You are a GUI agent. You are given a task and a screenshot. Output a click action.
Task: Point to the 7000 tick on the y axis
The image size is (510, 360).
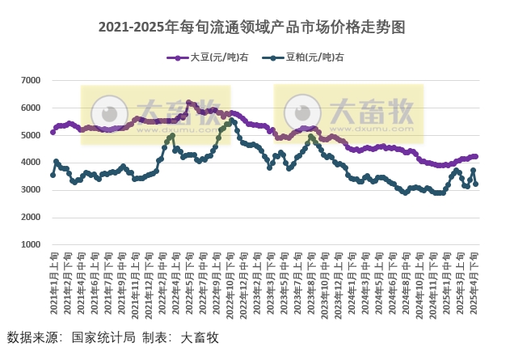[31, 81]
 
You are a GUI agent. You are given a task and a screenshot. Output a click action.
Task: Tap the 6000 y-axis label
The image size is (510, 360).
[31, 108]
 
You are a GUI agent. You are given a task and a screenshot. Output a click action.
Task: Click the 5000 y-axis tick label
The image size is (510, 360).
[31, 136]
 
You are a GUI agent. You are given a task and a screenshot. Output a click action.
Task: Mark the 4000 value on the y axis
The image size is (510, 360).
[31, 163]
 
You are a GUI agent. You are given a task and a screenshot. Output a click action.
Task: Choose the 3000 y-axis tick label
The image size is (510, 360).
[31, 190]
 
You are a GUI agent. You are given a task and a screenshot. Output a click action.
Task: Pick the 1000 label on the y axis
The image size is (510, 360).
[31, 244]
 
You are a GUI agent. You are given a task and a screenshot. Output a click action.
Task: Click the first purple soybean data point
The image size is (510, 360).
[53, 132]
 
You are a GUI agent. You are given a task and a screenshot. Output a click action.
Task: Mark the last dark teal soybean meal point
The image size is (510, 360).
[475, 184]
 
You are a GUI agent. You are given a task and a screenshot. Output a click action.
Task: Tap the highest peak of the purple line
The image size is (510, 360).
[188, 103]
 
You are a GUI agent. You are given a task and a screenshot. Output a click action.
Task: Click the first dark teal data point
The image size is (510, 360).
[53, 175]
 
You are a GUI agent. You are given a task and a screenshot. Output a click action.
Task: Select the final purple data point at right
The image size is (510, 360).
[475, 156]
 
